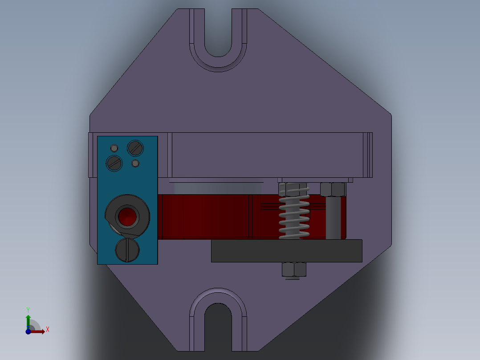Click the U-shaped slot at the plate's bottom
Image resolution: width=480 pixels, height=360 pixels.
click(x=218, y=325)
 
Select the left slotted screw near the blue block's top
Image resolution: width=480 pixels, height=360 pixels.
click(x=114, y=163)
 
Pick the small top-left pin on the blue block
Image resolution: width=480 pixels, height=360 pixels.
click(x=114, y=148)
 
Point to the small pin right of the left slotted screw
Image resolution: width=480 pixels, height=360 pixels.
click(x=135, y=164)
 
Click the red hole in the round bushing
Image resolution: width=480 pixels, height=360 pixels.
click(x=127, y=217)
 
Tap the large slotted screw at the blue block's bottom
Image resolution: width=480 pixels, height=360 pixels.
click(x=127, y=250)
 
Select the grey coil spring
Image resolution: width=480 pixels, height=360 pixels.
click(x=294, y=214)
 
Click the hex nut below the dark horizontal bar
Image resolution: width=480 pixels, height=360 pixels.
click(x=294, y=269)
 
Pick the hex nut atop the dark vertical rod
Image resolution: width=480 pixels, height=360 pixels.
click(x=333, y=189)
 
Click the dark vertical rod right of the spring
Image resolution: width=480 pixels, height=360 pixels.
click(x=333, y=218)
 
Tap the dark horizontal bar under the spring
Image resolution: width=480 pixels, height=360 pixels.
click(x=286, y=251)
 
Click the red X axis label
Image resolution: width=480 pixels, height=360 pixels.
click(x=48, y=330)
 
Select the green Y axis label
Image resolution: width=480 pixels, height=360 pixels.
click(x=28, y=309)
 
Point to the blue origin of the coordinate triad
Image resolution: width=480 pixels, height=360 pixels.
click(x=28, y=331)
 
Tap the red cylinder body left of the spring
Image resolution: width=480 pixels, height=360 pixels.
click(x=205, y=217)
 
